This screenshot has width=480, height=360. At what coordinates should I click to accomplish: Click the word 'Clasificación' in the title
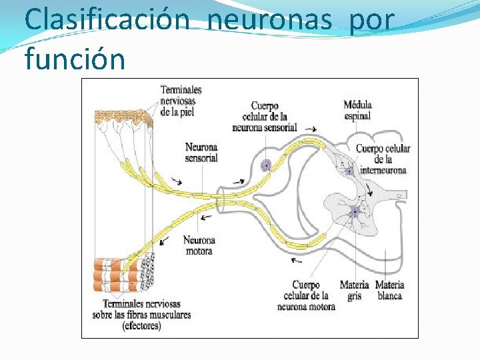click(x=107, y=20)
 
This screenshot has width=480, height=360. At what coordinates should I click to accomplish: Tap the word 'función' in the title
click(x=75, y=58)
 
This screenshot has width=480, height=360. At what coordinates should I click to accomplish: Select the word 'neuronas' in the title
click(x=270, y=20)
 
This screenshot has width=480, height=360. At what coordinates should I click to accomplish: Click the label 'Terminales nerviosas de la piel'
click(x=181, y=101)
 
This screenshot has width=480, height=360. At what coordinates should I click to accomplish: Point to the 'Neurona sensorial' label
click(x=201, y=153)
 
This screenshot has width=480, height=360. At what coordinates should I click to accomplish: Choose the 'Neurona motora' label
click(x=199, y=245)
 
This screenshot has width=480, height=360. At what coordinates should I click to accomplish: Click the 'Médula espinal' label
click(x=358, y=110)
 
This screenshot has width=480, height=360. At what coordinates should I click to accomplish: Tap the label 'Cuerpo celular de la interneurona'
click(x=383, y=159)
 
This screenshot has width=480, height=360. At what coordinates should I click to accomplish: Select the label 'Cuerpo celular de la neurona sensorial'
click(x=264, y=117)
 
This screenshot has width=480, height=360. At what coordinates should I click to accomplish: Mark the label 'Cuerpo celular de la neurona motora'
click(x=306, y=295)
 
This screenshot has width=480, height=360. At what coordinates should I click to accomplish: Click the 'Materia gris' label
click(x=354, y=290)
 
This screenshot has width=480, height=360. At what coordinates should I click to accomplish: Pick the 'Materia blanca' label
click(x=389, y=290)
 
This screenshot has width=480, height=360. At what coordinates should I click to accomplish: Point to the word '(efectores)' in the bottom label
click(x=141, y=326)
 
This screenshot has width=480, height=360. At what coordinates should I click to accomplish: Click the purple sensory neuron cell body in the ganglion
click(x=266, y=165)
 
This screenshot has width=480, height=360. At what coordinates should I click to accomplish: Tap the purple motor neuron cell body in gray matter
click(x=355, y=212)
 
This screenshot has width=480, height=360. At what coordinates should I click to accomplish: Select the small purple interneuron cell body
click(x=349, y=171)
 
